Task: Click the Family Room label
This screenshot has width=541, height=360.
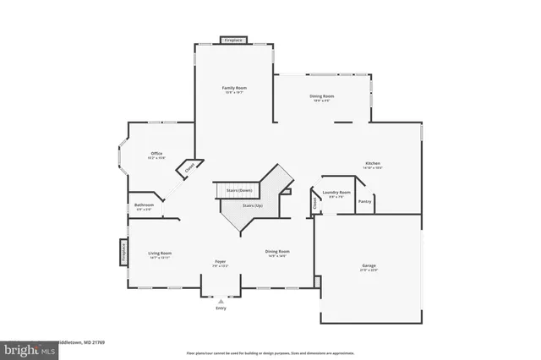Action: pos(234,88)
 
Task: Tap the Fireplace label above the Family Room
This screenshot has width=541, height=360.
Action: pos(233,40)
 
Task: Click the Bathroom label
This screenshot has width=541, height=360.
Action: pos(144,205)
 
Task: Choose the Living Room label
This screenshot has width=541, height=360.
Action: pos(160,253)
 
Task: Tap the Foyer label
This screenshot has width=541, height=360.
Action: pos(220,261)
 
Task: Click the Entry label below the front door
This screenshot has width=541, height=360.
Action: pos(221,308)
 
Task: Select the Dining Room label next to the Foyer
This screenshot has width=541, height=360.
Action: pos(277,251)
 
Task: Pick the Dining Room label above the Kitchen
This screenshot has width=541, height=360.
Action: pos(323,96)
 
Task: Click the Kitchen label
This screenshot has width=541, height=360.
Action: pos(373,163)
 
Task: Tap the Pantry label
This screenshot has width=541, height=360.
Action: pos(364,201)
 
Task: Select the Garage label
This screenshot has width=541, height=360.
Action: pos(369,265)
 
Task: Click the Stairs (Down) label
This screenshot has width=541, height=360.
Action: pos(239,190)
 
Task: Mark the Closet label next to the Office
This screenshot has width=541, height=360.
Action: pos(189,167)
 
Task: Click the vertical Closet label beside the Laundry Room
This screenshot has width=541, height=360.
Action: pos(314,202)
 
